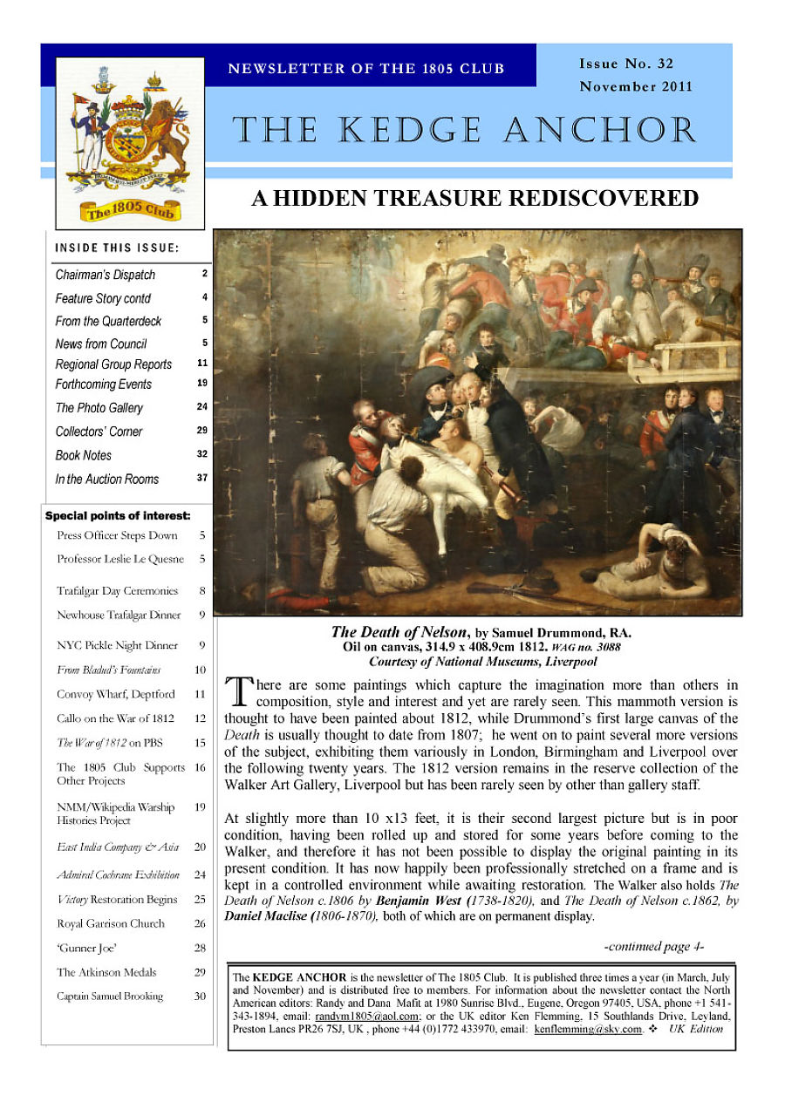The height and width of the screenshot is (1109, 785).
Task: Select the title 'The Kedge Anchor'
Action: pyautogui.click(x=465, y=131)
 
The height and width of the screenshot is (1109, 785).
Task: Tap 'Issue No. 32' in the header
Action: pyautogui.click(x=626, y=64)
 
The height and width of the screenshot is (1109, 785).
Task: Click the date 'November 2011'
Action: pyautogui.click(x=636, y=86)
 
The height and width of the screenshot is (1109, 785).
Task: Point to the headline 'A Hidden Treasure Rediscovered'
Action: pyautogui.click(x=474, y=199)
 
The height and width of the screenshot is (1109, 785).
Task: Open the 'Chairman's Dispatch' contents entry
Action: pyautogui.click(x=106, y=275)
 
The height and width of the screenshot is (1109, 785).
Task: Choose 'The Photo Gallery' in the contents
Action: pyautogui.click(x=99, y=408)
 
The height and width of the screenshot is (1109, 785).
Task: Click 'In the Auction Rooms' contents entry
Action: pyautogui.click(x=107, y=479)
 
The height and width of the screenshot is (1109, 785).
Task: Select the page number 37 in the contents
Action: pyautogui.click(x=202, y=478)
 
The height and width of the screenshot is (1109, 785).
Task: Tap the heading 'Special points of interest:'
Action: pyautogui.click(x=117, y=516)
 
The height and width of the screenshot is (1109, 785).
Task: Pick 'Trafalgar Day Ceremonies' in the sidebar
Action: pyautogui.click(x=117, y=591)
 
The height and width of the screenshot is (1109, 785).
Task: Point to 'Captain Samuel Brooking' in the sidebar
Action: pyautogui.click(x=110, y=997)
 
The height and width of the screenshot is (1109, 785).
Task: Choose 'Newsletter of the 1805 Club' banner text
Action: pyautogui.click(x=366, y=69)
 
